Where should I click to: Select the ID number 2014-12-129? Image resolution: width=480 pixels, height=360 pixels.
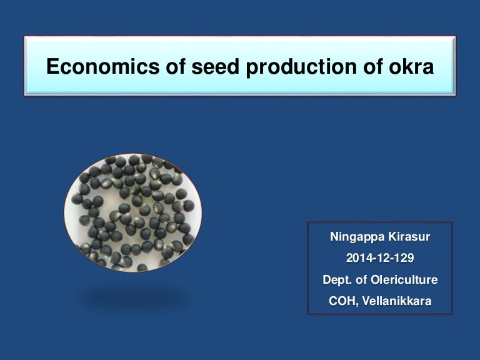tap(380, 259)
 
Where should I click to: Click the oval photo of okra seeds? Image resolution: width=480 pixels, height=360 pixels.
tap(132, 212)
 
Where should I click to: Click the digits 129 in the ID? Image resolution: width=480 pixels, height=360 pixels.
tap(404, 259)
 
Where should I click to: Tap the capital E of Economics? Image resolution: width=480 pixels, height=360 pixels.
tap(52, 67)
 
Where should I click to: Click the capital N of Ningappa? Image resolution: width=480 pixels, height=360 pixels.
tap(334, 237)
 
